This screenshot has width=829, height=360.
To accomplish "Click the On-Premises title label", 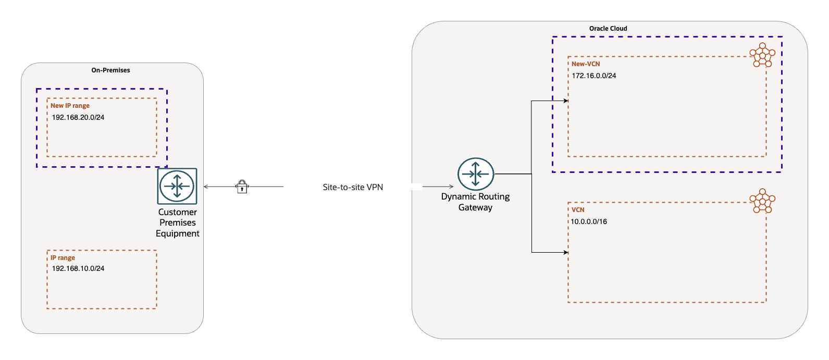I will coord(110,70).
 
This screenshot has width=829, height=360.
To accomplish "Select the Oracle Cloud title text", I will coord(608,29).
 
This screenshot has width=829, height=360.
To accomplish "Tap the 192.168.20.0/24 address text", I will coord(78,117).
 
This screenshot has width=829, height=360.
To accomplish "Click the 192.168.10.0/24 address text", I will coord(78,268).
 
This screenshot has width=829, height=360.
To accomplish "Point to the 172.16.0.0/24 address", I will coord(594,76).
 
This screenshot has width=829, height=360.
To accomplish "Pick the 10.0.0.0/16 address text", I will coord(589,221).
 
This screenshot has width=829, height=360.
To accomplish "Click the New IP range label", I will coord(70,106).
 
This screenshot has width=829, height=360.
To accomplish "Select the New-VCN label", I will coord(586,64).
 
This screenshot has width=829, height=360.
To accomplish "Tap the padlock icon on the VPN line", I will coord(242,187).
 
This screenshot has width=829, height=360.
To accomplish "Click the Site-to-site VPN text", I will coord(353,187).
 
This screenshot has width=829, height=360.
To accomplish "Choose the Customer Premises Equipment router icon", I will coord(177,186).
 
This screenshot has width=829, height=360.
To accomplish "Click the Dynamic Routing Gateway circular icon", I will coord(475,174).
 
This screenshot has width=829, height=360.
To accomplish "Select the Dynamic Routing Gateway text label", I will coord(475,202).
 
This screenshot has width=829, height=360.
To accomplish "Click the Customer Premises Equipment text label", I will coord(177,223).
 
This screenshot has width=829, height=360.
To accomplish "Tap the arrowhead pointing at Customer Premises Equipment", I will coord(206,187).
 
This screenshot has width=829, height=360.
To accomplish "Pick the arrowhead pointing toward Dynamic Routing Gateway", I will coord(451,187).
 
